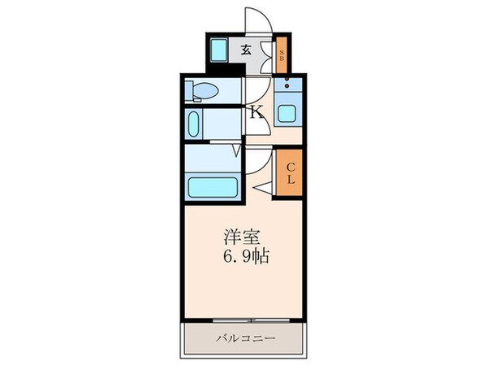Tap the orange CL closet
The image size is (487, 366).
[288, 172]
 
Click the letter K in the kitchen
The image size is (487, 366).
[255, 112]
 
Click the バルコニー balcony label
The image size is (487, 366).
[246, 338]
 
